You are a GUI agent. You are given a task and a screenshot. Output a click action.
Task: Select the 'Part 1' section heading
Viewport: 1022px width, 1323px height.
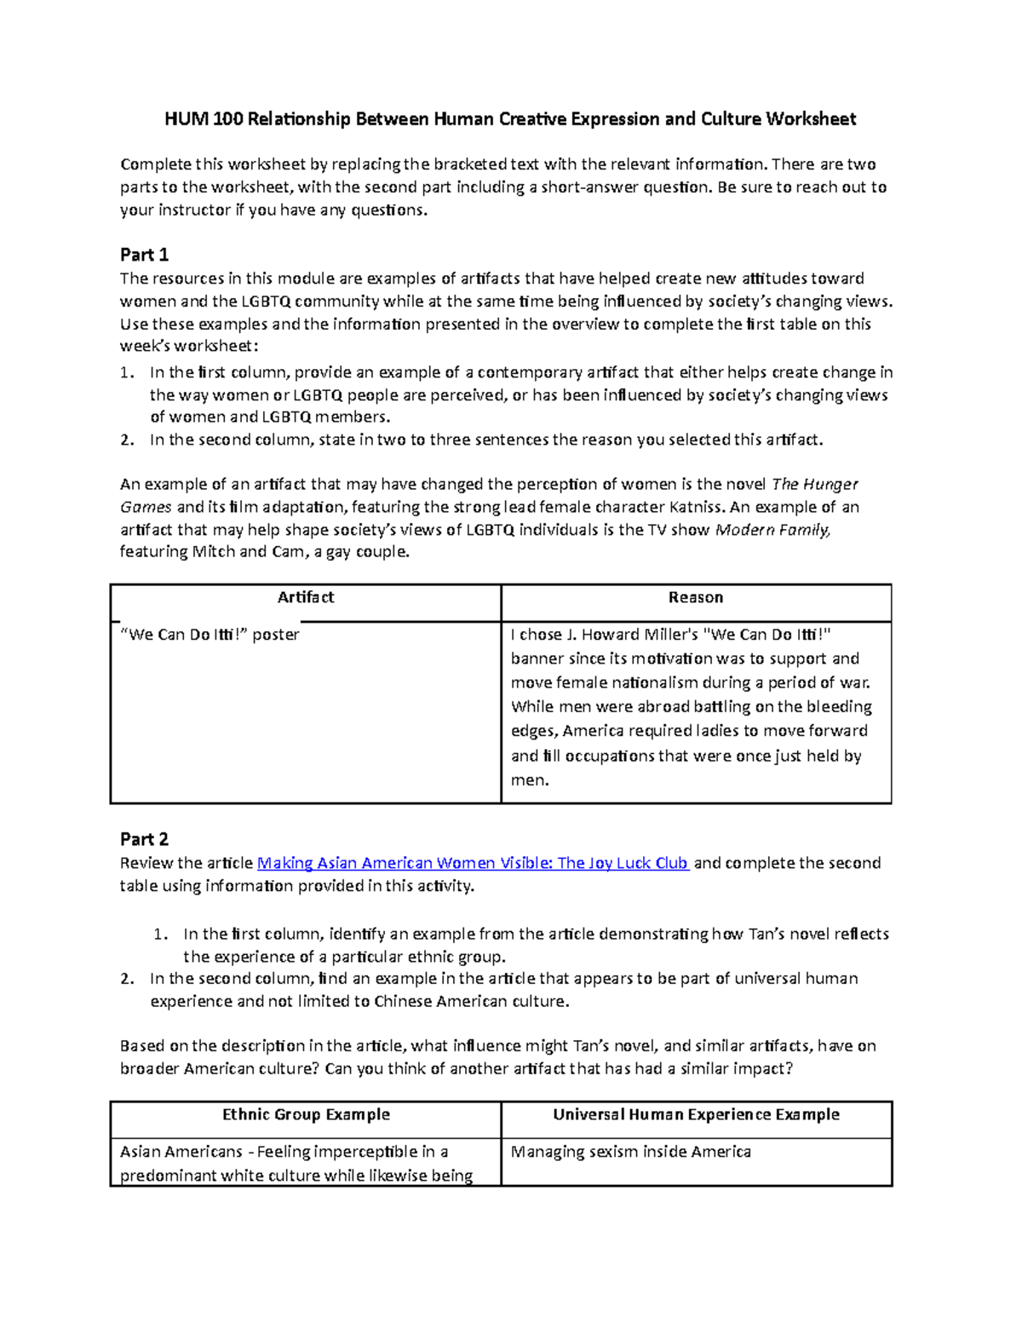pos(144,255)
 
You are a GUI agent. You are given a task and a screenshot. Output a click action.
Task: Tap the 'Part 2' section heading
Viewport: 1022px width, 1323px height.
pos(144,839)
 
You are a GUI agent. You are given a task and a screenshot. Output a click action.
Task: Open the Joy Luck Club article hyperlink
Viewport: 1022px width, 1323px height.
pos(473,863)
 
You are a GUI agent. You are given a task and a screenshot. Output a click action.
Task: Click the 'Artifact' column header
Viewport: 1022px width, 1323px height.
pos(306,598)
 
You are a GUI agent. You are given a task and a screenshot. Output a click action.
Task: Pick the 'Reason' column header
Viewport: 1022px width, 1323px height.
pos(696,598)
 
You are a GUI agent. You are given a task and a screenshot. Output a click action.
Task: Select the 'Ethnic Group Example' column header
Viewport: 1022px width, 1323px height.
pos(306,1114)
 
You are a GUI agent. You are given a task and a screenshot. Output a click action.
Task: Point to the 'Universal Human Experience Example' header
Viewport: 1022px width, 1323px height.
pos(696,1114)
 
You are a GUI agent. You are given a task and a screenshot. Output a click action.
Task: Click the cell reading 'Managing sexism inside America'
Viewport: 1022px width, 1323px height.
pos(630,1152)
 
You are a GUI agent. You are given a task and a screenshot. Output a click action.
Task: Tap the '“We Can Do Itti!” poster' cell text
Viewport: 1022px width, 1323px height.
pos(210,635)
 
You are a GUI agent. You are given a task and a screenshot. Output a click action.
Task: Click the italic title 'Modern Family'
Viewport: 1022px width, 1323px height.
pos(772,530)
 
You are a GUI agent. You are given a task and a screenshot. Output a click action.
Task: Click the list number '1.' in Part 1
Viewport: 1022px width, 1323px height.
pos(127,372)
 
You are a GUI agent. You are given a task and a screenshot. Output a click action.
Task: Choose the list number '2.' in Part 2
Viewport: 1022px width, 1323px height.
pos(127,979)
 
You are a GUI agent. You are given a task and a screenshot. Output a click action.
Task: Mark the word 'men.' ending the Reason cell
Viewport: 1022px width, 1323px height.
pos(530,780)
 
